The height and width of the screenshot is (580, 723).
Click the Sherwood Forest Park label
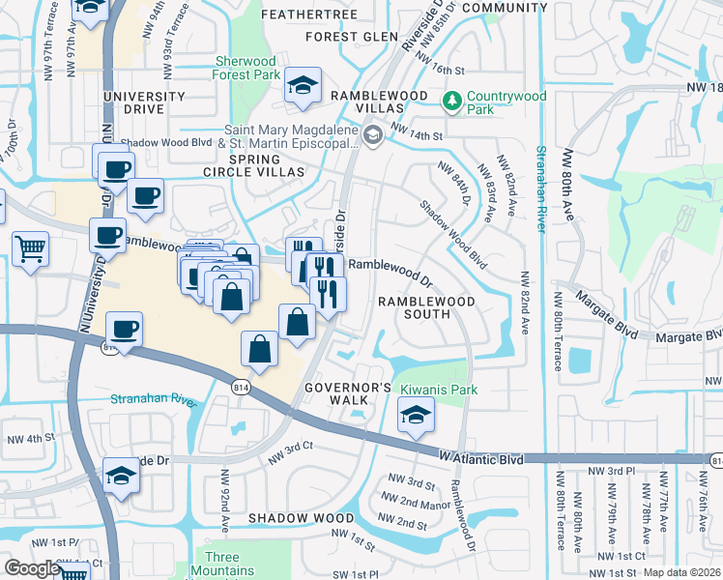coord(246,67)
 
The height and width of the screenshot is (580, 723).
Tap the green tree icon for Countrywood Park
coord(451,101)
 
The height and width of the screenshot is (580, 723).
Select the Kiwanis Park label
coord(438,389)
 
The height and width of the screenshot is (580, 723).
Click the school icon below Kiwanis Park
coord(416,416)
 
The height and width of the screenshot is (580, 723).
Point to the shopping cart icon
coord(30,248)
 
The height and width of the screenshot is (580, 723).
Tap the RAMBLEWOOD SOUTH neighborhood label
coord(426,307)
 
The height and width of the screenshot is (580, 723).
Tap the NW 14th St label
coord(417,136)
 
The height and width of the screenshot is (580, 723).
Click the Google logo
coord(31,568)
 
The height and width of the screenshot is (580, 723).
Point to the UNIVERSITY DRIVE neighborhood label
coord(147,102)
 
